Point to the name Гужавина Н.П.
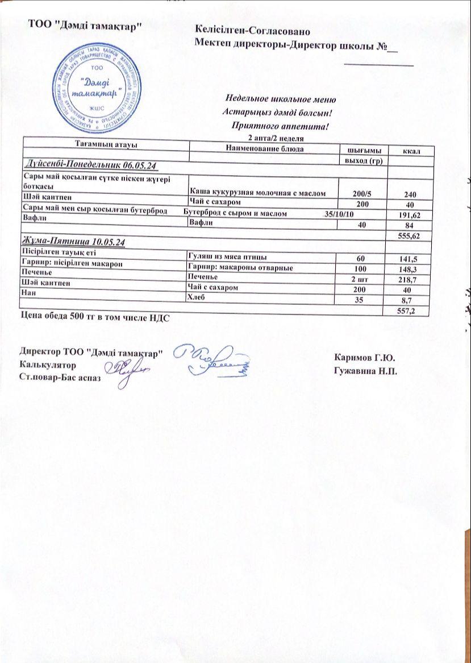[366, 371]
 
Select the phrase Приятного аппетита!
[281, 126]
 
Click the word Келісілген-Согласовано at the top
[252, 28]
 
